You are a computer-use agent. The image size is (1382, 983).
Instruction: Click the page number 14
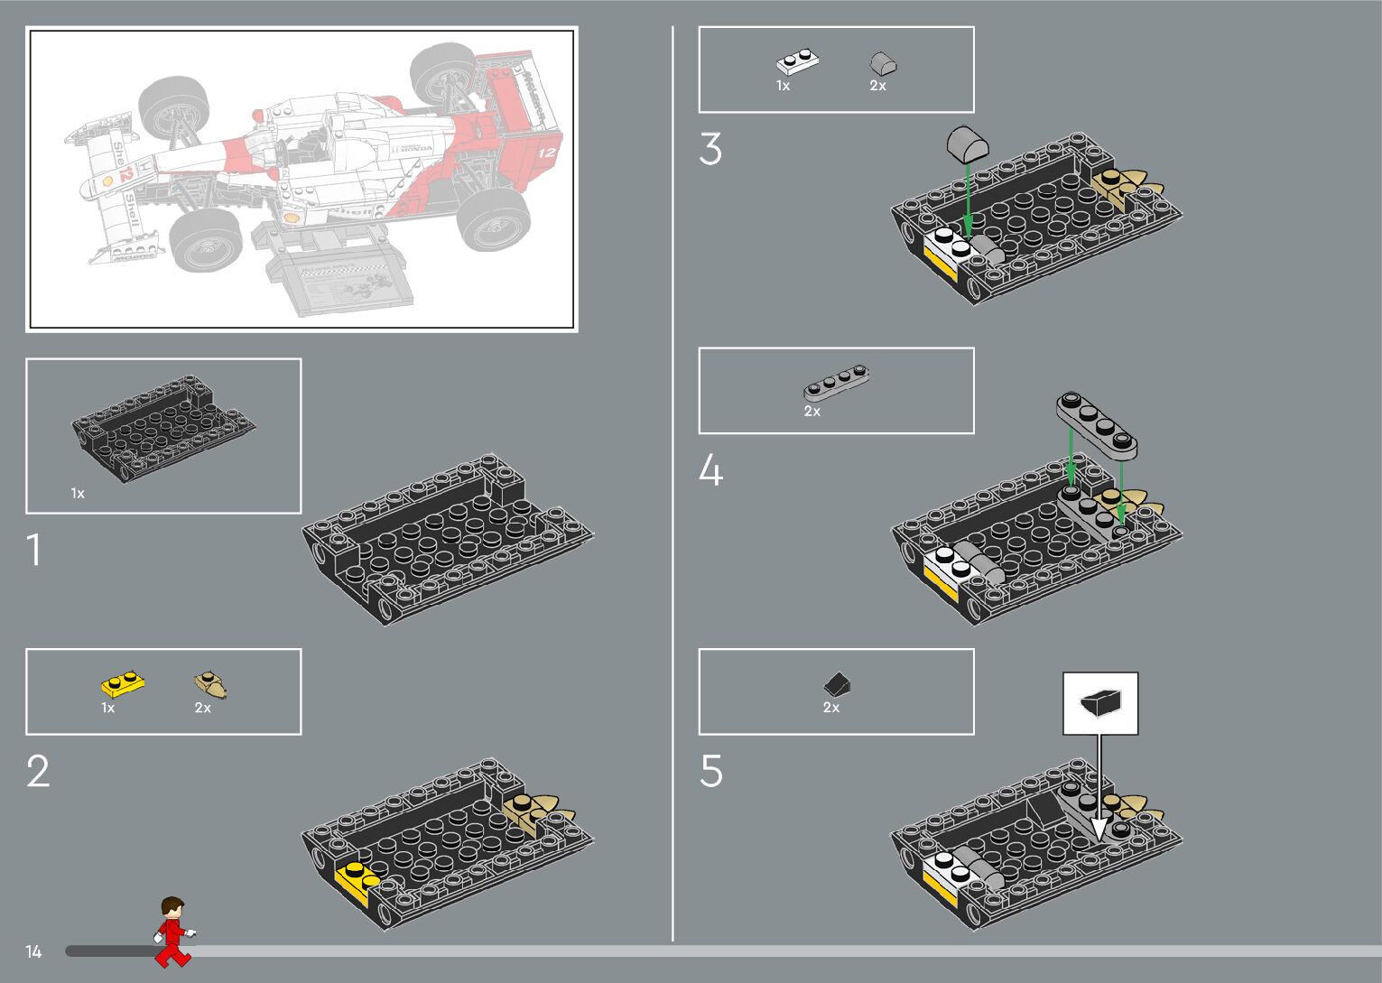(x=33, y=951)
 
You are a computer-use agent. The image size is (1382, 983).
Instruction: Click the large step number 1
(x=34, y=550)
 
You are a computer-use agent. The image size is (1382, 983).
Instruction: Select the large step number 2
(x=38, y=772)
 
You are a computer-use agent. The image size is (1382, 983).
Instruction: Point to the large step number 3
(x=710, y=150)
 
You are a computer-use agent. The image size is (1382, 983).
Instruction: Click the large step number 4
(x=710, y=471)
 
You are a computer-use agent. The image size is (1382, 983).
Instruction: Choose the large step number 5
(x=710, y=772)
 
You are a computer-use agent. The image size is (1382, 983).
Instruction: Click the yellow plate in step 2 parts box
(x=123, y=684)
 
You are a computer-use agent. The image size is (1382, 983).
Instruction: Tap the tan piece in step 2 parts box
(x=211, y=684)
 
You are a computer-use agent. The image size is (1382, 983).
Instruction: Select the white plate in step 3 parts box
(x=798, y=63)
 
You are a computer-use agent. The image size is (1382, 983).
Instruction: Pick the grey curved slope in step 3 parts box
(x=883, y=64)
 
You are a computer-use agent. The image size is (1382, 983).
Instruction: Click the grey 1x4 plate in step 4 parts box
(x=837, y=383)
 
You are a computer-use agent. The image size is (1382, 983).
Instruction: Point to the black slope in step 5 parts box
(x=837, y=685)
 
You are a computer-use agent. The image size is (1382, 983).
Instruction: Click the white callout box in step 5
(x=1100, y=703)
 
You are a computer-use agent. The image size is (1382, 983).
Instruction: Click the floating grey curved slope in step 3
(x=968, y=144)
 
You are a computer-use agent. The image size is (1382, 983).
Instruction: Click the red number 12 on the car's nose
(x=125, y=174)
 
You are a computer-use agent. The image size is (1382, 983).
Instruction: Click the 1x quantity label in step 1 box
(x=78, y=494)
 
